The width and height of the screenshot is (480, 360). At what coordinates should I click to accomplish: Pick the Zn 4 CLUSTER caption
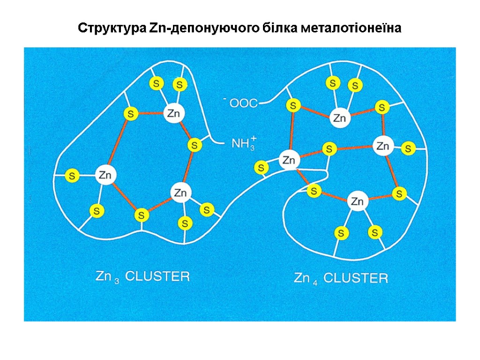(x=341, y=278)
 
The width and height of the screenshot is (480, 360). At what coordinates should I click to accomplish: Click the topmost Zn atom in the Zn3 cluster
(x=174, y=113)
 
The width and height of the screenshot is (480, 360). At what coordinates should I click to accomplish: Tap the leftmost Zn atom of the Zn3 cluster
(x=106, y=176)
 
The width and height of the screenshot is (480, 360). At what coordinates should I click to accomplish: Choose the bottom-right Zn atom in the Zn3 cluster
(x=180, y=193)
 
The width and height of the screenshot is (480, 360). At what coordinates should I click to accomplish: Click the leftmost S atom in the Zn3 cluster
(x=72, y=176)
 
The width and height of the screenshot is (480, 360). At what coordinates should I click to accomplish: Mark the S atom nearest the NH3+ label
(x=194, y=145)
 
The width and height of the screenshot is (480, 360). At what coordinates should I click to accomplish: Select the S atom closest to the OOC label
(x=293, y=106)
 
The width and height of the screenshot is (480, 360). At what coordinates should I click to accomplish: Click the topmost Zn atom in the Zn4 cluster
(x=339, y=118)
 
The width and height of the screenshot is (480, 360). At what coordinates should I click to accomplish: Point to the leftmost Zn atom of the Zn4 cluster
(x=289, y=161)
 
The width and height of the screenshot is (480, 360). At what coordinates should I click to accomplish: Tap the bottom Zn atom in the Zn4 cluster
(x=357, y=202)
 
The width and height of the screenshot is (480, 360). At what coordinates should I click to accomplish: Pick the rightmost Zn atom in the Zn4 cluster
(x=382, y=146)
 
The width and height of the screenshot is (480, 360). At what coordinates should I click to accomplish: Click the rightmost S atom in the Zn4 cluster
(x=408, y=149)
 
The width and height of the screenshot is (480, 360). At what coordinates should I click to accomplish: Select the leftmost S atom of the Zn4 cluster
(x=262, y=167)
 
